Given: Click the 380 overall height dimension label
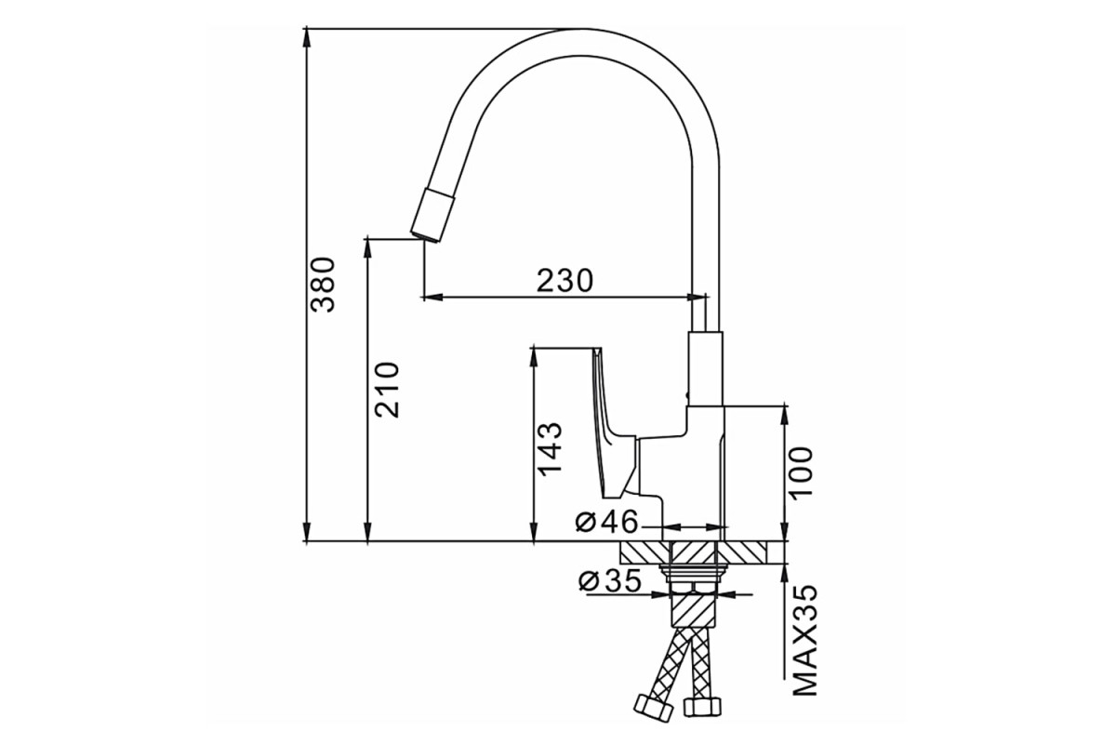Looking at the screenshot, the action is (323, 285).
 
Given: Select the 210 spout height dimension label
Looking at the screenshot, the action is (387, 391).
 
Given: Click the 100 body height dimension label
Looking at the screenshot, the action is (800, 472).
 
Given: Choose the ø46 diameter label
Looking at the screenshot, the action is (605, 522).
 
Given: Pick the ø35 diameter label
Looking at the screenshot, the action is (610, 581).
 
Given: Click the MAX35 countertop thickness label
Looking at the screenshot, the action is (805, 641).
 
